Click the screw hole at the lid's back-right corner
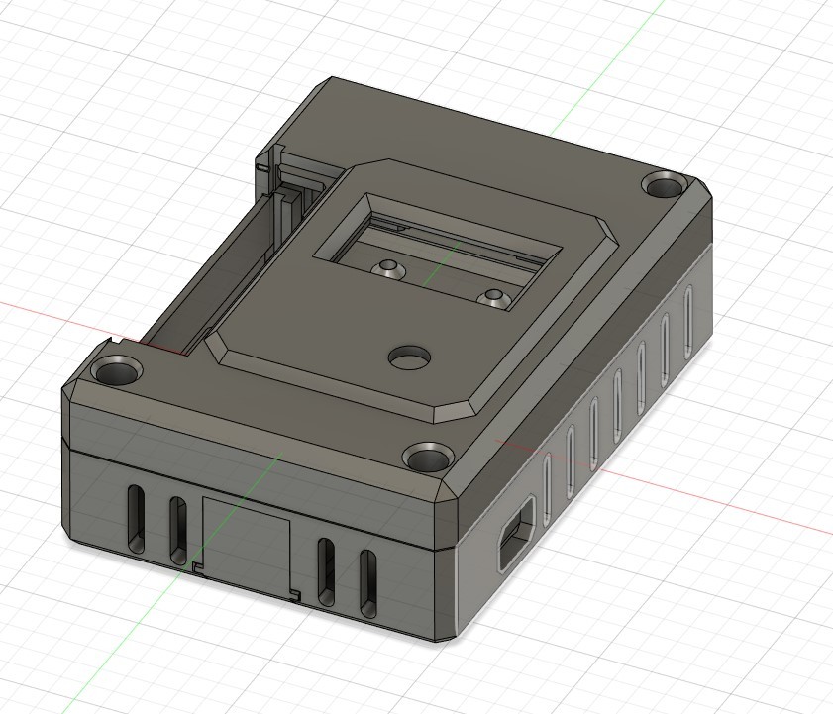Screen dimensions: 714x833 [x=665, y=184]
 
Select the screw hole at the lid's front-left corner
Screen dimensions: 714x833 [x=117, y=372]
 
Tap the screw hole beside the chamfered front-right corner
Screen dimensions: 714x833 [x=429, y=458]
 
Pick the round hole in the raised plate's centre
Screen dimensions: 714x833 [x=408, y=357]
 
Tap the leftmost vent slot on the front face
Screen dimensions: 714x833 [x=136, y=518]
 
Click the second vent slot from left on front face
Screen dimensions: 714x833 [x=177, y=530]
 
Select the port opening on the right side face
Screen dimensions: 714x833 [x=516, y=534]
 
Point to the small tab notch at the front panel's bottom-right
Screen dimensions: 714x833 [x=295, y=595]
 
